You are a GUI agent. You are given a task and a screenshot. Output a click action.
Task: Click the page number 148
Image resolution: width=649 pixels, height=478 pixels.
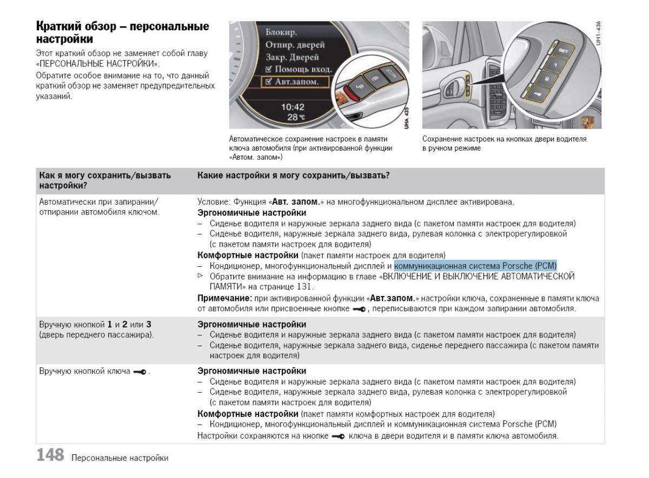tap(50, 455)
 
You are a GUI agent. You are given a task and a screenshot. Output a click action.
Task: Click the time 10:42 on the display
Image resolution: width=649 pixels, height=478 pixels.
tap(293, 107)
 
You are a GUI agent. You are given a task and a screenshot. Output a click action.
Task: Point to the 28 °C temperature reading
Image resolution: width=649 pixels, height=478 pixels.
tap(296, 117)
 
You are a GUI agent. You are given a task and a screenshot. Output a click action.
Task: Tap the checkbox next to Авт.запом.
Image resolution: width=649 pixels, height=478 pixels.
tap(268, 82)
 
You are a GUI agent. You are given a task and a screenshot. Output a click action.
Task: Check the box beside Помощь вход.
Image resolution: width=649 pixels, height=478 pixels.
tap(269, 70)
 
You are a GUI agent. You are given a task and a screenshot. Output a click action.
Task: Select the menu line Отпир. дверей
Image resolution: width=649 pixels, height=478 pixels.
tap(295, 45)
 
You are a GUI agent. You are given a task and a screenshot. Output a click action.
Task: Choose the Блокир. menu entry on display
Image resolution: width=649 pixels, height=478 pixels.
tap(281, 32)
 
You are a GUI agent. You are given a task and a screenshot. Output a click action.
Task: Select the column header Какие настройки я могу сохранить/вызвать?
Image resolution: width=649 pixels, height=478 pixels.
tap(294, 176)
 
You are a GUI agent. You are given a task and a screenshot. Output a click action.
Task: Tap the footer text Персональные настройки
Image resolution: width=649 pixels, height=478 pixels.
tap(119, 458)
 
